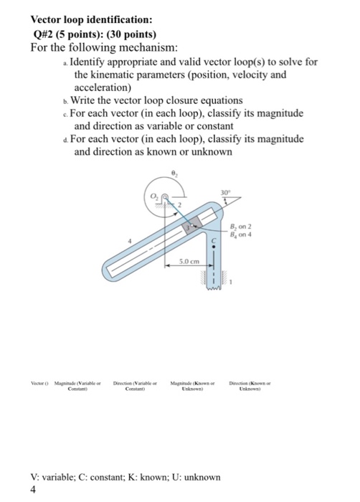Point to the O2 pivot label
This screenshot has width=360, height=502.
click(153, 197)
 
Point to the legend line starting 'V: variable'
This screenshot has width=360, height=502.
click(125, 478)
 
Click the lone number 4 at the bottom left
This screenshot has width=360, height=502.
click(34, 491)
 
